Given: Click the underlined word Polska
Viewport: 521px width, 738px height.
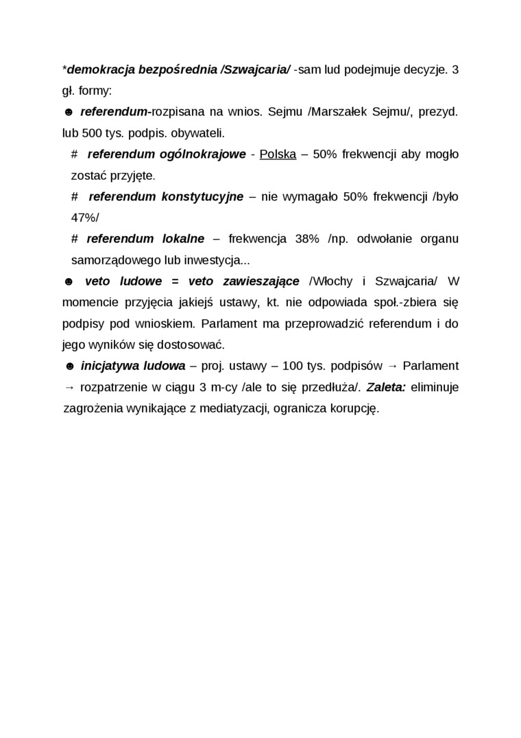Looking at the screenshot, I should pyautogui.click(x=278, y=154).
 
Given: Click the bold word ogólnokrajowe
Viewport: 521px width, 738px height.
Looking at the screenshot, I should pyautogui.click(x=200, y=154).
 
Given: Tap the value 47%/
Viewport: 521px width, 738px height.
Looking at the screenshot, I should pyautogui.click(x=85, y=218).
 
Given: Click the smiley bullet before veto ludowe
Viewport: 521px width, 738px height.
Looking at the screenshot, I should pyautogui.click(x=68, y=281).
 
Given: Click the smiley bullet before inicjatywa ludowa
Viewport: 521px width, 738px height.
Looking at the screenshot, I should pyautogui.click(x=69, y=366).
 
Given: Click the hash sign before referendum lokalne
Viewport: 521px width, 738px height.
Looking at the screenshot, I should pyautogui.click(x=75, y=239).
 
